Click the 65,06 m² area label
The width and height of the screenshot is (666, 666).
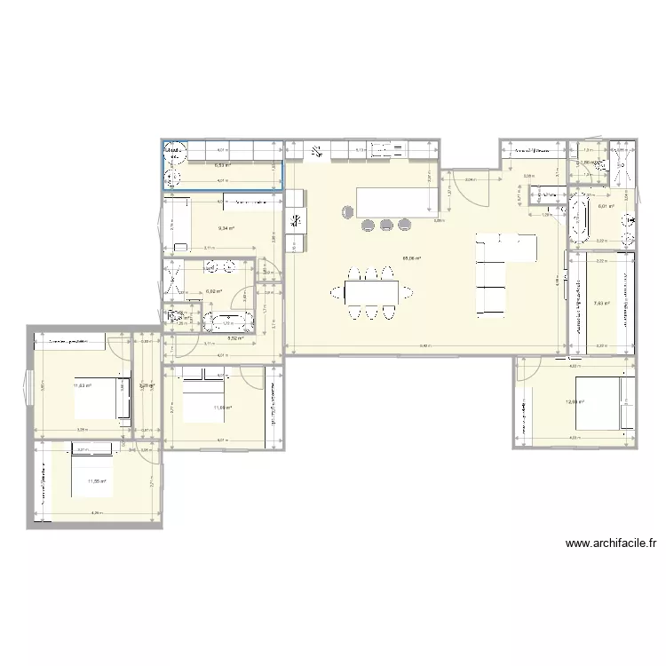[x=411, y=259]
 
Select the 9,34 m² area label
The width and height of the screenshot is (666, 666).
[x=227, y=227]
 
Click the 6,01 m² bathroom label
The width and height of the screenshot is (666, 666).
[x=606, y=207]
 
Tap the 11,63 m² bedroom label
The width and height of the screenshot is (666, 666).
[x=82, y=385]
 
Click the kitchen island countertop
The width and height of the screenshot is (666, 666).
[x=397, y=202]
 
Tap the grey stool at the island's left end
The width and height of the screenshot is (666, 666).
[x=345, y=211]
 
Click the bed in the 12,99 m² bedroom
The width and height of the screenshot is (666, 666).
[x=604, y=402]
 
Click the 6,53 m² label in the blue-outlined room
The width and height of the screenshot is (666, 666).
[x=222, y=164]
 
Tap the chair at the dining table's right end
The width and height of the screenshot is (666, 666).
[x=408, y=290]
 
